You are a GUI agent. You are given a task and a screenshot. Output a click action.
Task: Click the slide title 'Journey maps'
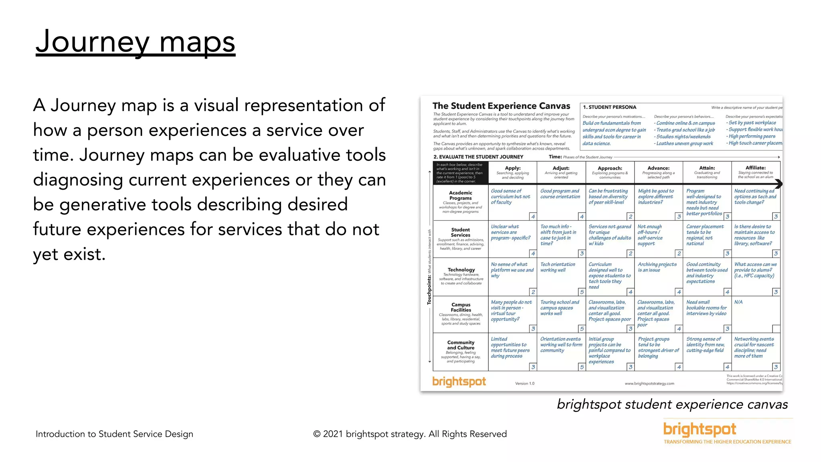click(135, 42)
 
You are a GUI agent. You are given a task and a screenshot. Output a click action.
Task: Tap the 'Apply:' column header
click(513, 168)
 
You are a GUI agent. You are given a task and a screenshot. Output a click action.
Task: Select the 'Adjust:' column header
click(561, 168)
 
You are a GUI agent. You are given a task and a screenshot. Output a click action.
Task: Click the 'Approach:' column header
click(610, 168)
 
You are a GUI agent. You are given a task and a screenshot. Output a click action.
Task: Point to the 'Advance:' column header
click(658, 168)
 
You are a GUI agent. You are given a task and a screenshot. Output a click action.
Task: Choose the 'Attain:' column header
click(707, 168)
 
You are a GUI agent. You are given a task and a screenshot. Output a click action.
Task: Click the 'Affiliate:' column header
click(756, 168)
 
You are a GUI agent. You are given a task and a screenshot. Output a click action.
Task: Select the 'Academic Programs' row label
click(461, 196)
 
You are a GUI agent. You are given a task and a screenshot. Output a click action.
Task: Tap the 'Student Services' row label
click(461, 233)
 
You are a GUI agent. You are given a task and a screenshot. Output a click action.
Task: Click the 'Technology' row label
click(461, 270)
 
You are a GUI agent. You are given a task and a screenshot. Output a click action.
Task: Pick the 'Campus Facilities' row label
click(461, 308)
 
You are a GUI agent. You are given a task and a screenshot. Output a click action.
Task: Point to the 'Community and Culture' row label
click(461, 345)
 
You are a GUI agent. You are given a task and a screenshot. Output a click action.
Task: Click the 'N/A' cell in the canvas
click(738, 302)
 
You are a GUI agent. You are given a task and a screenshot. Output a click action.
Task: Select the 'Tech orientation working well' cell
click(558, 267)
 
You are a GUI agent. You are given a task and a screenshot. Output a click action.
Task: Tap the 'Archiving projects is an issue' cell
click(657, 267)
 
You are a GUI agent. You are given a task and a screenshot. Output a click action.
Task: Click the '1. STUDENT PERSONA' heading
click(609, 107)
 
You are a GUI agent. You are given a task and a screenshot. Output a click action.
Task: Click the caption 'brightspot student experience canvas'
click(672, 404)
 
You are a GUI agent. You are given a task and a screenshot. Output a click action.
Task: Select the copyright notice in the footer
click(410, 434)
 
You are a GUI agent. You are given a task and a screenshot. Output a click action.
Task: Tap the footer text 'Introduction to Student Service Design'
click(114, 434)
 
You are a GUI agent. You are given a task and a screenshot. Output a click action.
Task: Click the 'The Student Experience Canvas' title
click(501, 106)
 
